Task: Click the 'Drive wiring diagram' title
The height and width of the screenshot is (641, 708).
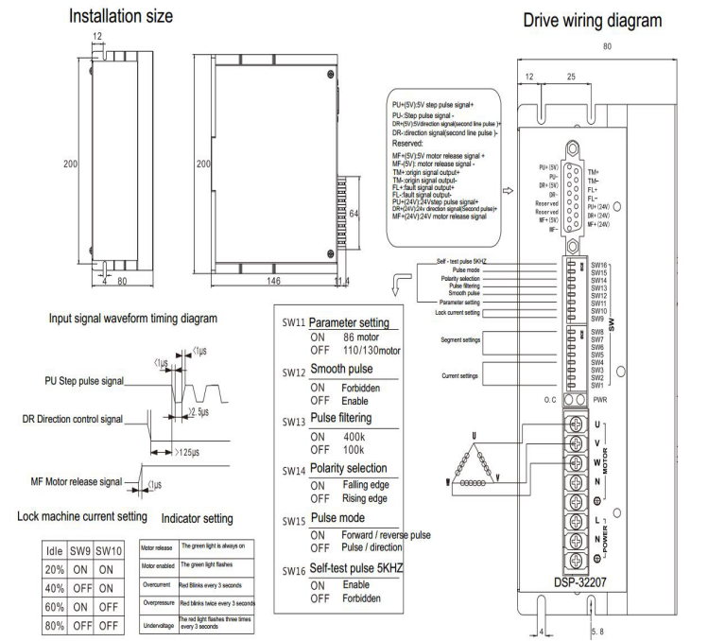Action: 599,20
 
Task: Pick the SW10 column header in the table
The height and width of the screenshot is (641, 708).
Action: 111,547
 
